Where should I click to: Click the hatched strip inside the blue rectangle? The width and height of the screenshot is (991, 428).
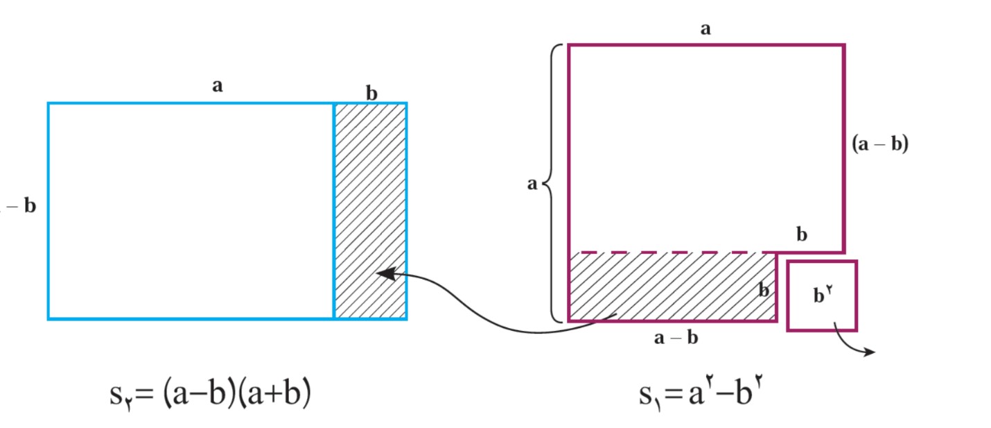[371, 211]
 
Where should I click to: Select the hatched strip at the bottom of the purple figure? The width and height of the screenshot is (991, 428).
[672, 286]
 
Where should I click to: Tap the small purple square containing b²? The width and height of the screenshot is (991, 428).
[822, 296]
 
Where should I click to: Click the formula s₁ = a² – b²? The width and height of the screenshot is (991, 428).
[701, 393]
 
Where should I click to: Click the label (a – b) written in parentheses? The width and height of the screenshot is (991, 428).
[880, 144]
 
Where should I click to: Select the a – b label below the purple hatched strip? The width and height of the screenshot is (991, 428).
[676, 338]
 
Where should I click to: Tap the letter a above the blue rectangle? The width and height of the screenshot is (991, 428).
[217, 85]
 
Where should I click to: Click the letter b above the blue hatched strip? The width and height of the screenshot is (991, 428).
[371, 93]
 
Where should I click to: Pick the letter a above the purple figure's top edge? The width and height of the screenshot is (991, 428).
[705, 29]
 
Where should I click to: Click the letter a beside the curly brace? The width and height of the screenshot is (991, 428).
[532, 183]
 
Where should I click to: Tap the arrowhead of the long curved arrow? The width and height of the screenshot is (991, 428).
[384, 273]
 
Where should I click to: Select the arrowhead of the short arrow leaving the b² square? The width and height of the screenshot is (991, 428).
[870, 352]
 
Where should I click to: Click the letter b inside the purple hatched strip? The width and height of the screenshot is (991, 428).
[764, 290]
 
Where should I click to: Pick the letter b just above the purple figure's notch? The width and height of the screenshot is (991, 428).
[802, 234]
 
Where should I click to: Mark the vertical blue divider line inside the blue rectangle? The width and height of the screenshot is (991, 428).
[334, 211]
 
